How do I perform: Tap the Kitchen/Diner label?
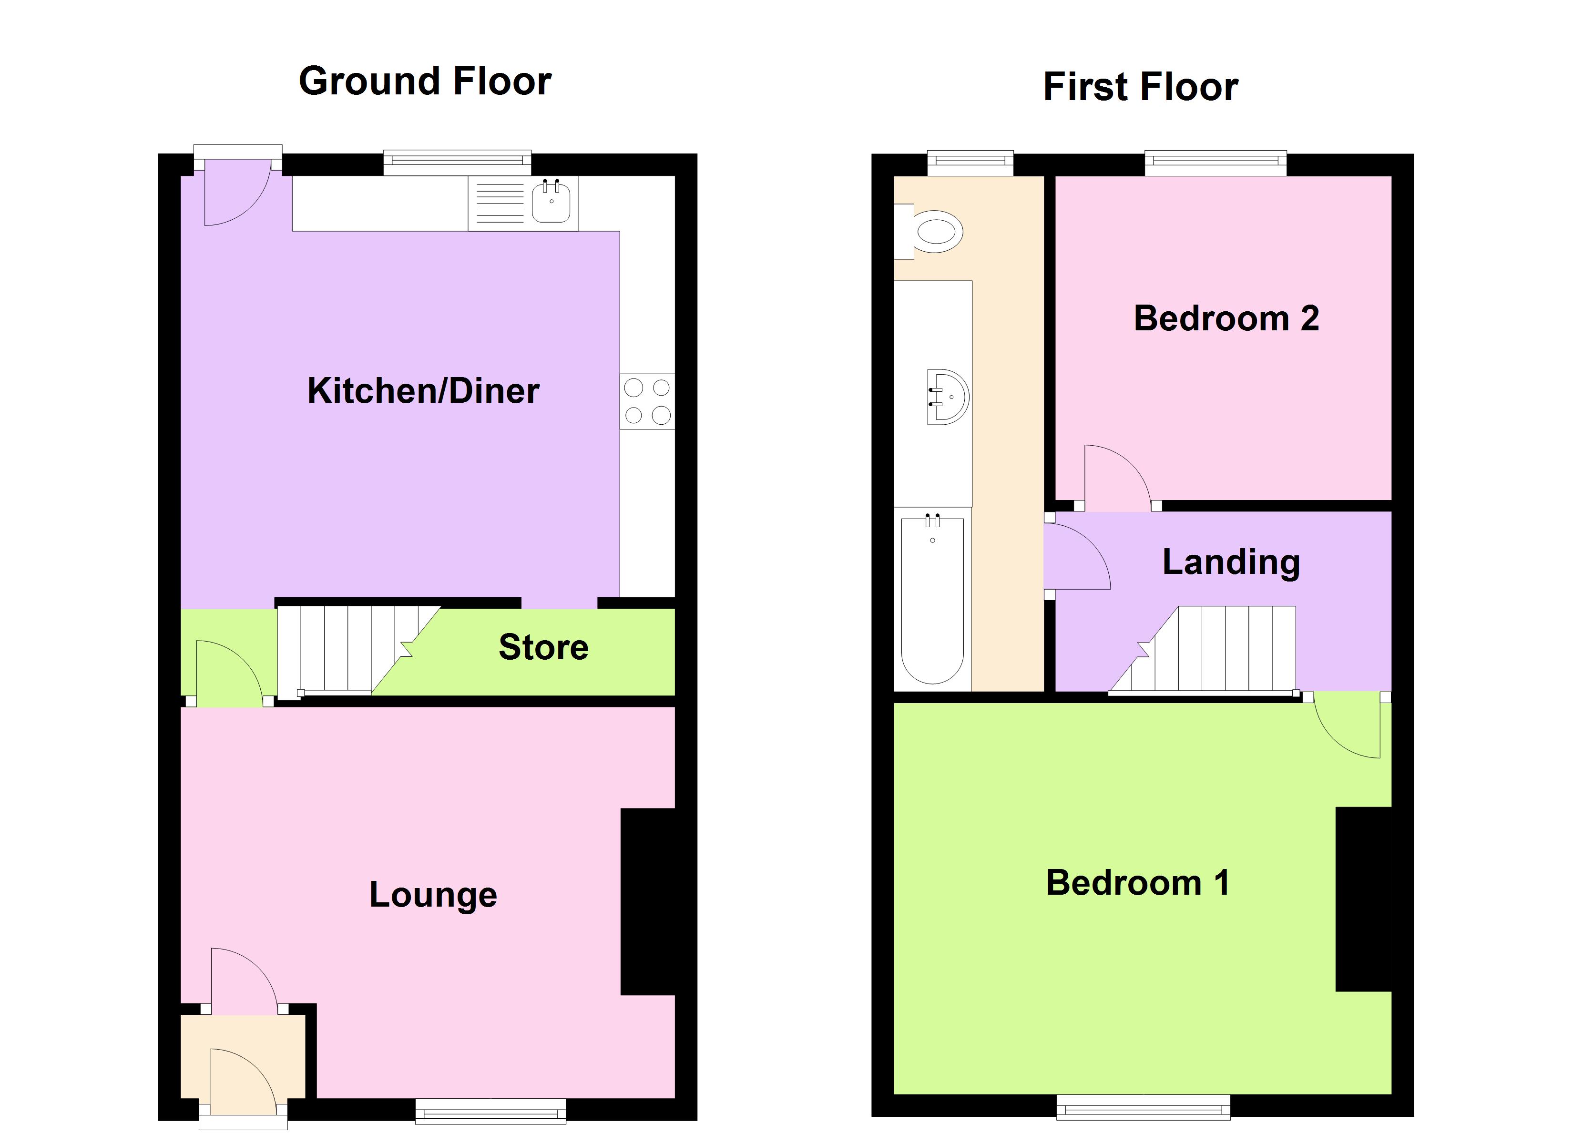tap(423, 390)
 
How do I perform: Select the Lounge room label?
tap(433, 894)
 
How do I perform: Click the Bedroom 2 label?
tap(1226, 318)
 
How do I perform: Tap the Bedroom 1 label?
tap(1137, 883)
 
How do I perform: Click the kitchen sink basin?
tap(552, 202)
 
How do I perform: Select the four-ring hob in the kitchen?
tap(647, 401)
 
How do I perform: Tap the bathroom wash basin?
tap(948, 397)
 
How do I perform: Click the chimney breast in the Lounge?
tap(648, 902)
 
